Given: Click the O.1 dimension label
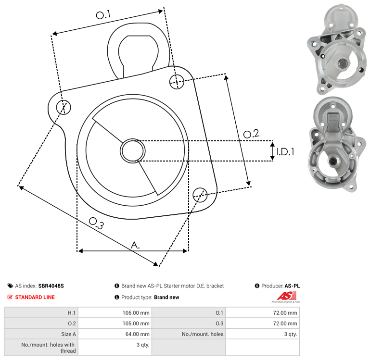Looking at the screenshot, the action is click(x=103, y=15).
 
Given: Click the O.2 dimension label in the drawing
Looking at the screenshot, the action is click(x=251, y=134).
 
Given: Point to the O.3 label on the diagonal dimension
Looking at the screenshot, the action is click(x=96, y=223).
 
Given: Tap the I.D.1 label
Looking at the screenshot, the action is click(x=285, y=152).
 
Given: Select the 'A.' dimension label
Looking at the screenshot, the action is click(x=135, y=245).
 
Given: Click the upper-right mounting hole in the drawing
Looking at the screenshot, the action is click(x=177, y=82).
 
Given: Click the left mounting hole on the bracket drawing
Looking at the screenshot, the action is click(x=64, y=107).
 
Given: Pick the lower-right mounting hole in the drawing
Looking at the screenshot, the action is click(x=200, y=195).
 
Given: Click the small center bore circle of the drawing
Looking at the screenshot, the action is click(x=133, y=151).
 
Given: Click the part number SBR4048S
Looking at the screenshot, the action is click(x=51, y=286).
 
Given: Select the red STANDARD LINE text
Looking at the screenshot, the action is click(x=35, y=297).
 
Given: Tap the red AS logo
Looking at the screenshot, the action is click(x=286, y=296).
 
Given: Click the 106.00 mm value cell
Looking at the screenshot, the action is click(x=115, y=312).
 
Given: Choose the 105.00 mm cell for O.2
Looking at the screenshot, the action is click(x=115, y=323).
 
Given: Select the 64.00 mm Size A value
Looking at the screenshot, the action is click(x=115, y=334).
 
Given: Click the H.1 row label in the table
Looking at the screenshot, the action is click(x=41, y=312).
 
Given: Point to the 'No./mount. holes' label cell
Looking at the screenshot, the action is click(x=189, y=334).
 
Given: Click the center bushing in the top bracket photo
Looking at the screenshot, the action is click(x=342, y=62).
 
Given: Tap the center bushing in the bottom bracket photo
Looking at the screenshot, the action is click(x=333, y=161).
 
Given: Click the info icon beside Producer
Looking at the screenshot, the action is click(x=257, y=286).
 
